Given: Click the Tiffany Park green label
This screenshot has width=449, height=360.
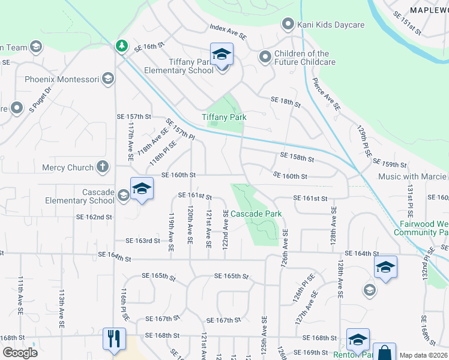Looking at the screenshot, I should (224, 118).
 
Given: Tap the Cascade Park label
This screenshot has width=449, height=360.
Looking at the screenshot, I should (256, 214).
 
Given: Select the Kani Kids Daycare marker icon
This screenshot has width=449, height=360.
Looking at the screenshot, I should (288, 25).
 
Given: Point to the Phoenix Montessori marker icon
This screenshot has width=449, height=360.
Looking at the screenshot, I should (108, 79).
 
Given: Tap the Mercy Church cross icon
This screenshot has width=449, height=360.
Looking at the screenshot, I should (103, 167).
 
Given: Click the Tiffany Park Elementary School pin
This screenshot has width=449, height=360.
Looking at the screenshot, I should (221, 55).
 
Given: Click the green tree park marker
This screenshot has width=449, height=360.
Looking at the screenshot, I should (122, 46).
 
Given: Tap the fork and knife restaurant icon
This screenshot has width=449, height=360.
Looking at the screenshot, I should (113, 338).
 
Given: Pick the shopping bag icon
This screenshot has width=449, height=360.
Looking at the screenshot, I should (384, 353).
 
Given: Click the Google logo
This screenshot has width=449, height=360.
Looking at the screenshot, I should (20, 353).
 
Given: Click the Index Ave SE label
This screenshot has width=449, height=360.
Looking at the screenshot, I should (228, 32).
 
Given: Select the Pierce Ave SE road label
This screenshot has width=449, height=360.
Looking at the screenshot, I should (327, 93).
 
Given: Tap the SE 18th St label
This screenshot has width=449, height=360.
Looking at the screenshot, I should (285, 102).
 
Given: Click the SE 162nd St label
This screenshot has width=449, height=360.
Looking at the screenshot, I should (94, 217).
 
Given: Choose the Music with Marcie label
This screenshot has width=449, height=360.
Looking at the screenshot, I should (412, 176).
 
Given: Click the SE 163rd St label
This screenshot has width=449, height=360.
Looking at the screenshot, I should (143, 241).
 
